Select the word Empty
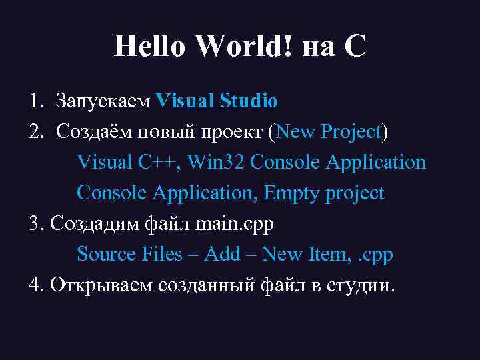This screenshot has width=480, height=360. [293, 193]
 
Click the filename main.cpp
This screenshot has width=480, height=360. [235, 225]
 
